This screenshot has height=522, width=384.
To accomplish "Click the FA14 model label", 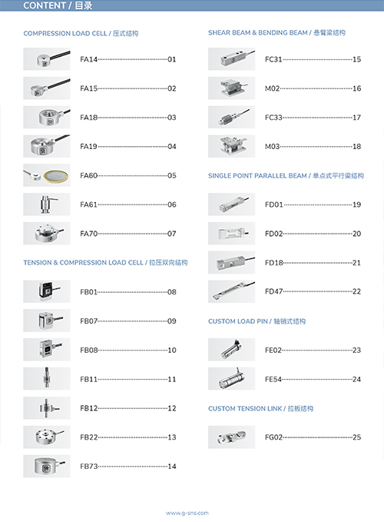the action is click(x=89, y=59).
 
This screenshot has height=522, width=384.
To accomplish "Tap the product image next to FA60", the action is click(x=47, y=175).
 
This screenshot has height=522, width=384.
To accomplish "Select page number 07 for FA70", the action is click(x=172, y=234).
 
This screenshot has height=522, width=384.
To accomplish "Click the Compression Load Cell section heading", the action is click(x=81, y=33).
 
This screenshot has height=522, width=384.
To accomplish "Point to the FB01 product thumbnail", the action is click(x=47, y=291).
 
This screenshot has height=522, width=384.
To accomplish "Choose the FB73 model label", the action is click(x=89, y=466).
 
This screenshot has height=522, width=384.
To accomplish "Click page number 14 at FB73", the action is click(x=172, y=466).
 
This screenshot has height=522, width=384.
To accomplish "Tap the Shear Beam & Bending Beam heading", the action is click(x=276, y=32).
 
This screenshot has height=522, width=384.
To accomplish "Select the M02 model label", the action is click(x=273, y=88).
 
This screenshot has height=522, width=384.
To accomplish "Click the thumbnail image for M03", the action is click(x=231, y=146).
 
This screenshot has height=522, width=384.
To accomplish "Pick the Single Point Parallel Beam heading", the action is click(x=286, y=175).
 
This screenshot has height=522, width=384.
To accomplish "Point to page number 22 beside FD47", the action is click(x=357, y=291).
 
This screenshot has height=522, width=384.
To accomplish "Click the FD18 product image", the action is click(x=231, y=262).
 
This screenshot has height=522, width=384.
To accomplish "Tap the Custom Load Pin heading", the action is click(x=257, y=321).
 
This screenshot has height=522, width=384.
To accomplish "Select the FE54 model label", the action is click(x=273, y=379).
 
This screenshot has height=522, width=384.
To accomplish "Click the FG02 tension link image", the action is click(x=231, y=437).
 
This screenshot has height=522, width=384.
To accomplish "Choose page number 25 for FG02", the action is click(x=357, y=437).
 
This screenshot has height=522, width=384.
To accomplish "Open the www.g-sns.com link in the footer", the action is click(x=187, y=513).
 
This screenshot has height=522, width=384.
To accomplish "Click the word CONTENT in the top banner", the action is click(x=45, y=5).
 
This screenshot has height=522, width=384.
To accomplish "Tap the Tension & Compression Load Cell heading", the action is click(x=105, y=263).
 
